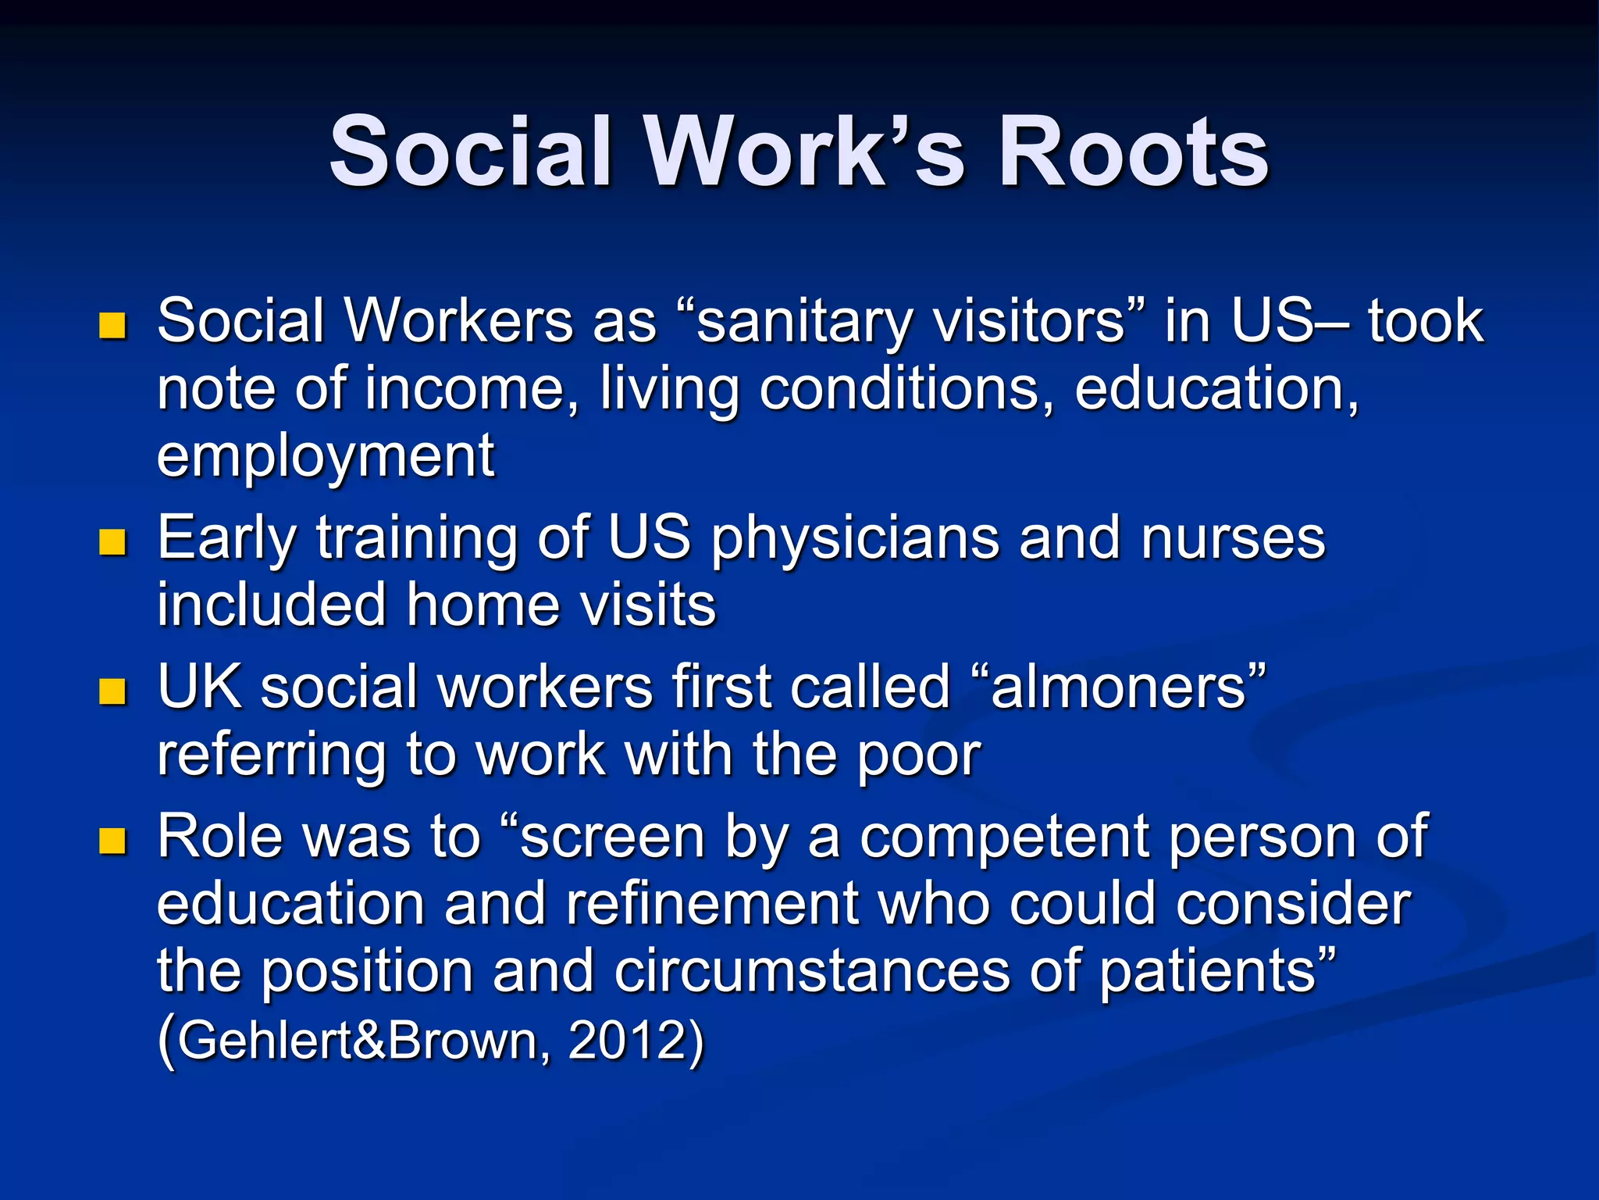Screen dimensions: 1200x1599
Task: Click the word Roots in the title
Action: coord(1134,152)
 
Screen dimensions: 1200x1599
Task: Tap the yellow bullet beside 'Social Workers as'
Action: coord(113,325)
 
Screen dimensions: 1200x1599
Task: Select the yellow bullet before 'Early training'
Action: coord(113,542)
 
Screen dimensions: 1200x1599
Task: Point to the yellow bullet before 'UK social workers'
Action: coord(113,691)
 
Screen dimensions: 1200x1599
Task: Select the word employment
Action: coord(326,456)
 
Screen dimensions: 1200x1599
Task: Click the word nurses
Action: coord(1233,539)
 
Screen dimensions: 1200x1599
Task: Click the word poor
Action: coord(919,756)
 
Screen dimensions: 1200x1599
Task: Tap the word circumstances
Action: coord(812,972)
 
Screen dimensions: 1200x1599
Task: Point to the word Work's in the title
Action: coord(803,152)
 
